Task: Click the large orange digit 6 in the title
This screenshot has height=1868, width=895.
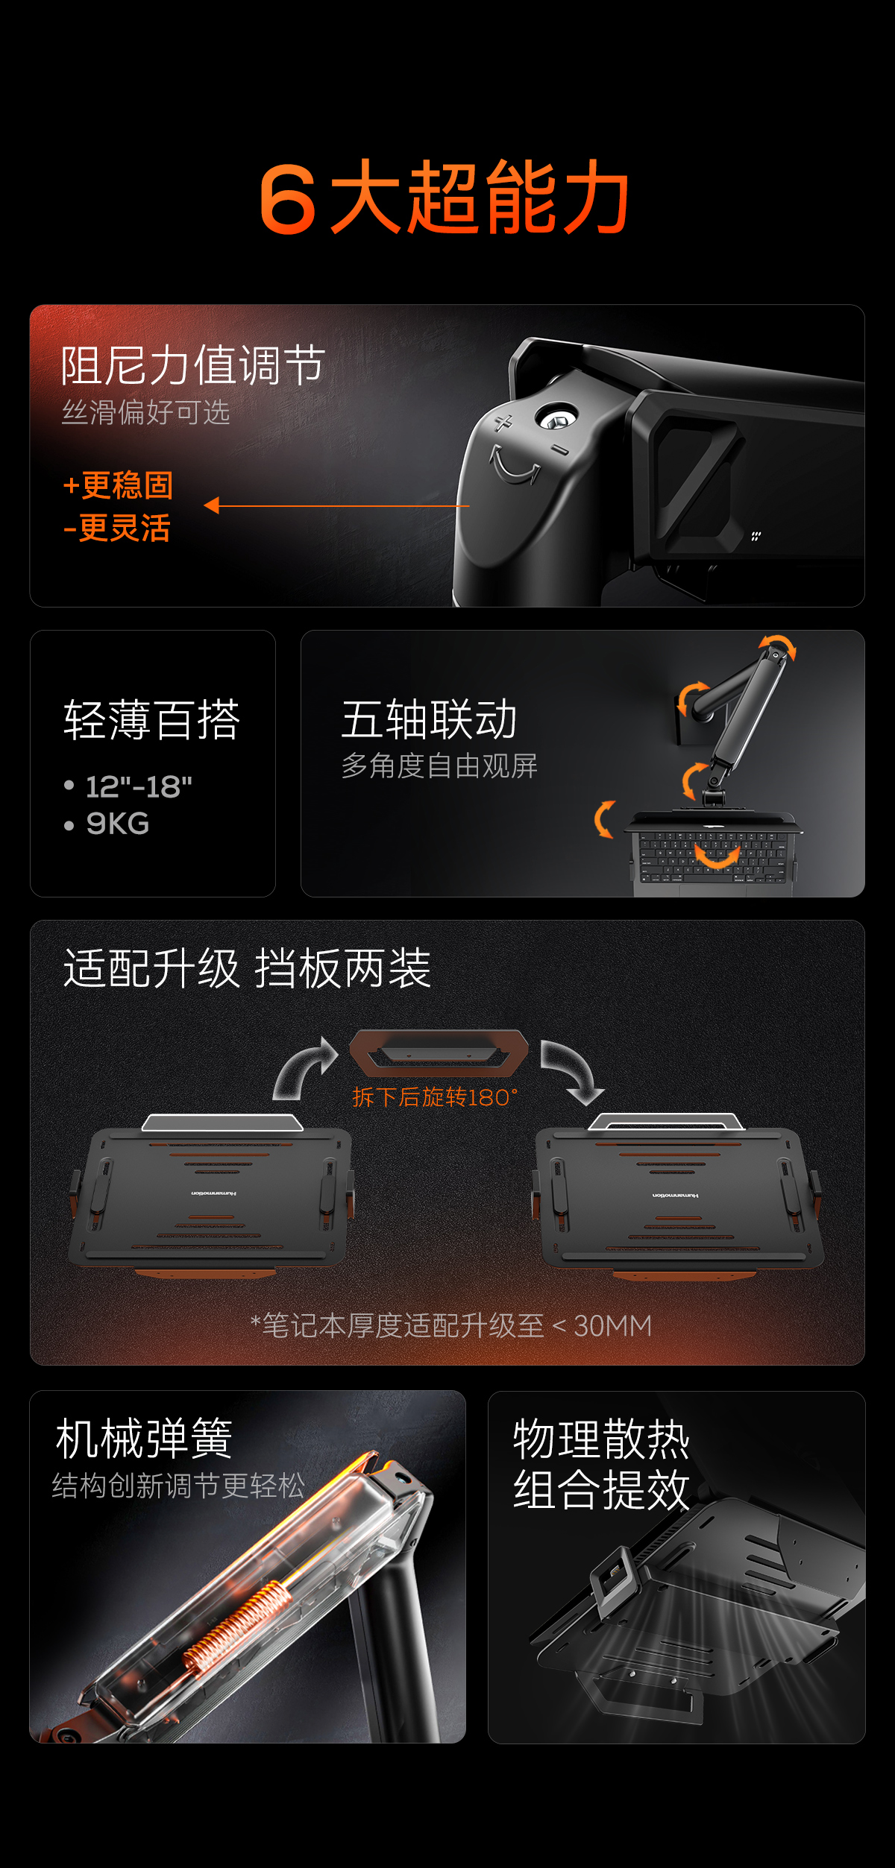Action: click(x=287, y=199)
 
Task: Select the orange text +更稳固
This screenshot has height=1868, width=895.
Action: click(x=118, y=485)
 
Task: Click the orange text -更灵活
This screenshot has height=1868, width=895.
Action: click(x=117, y=528)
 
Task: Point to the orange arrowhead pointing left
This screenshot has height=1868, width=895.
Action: click(x=212, y=505)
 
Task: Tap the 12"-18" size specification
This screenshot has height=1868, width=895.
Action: click(x=139, y=787)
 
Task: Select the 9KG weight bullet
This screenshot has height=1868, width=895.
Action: click(x=118, y=824)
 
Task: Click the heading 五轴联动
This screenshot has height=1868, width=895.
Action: click(x=429, y=719)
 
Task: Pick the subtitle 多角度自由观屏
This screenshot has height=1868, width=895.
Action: click(x=439, y=766)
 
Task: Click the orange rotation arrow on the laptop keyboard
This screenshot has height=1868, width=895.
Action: click(x=717, y=857)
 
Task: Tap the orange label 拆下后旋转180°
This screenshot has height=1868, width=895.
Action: click(x=435, y=1097)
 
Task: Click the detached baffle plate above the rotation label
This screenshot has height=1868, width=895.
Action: click(x=439, y=1053)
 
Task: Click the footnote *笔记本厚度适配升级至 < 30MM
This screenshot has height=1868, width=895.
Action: click(x=451, y=1326)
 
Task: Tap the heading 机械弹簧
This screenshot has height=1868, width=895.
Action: click(x=144, y=1438)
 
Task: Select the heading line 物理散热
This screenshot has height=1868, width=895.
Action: click(x=601, y=1439)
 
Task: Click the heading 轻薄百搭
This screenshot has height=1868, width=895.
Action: click(x=151, y=720)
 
